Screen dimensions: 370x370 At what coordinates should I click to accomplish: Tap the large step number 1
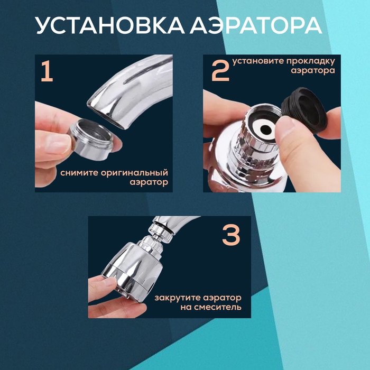point(47,72)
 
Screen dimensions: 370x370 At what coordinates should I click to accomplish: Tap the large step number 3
point(231,236)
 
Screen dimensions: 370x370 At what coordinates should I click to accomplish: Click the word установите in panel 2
point(257,60)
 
